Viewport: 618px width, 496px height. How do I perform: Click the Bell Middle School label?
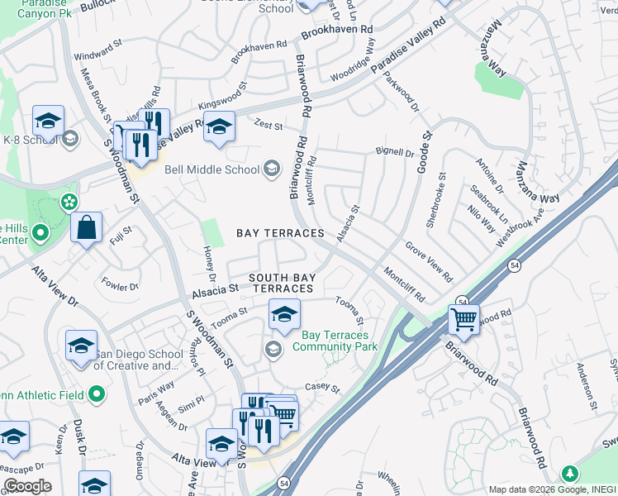tap(212, 170)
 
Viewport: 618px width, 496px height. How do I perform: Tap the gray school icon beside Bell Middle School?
tap(271, 170)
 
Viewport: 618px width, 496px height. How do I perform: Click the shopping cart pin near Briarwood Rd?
tap(464, 319)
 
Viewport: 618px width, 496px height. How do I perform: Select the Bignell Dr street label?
tap(394, 152)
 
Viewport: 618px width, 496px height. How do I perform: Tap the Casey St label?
tap(322, 386)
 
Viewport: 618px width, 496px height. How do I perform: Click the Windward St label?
tap(97, 57)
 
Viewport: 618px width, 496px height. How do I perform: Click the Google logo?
tap(27, 486)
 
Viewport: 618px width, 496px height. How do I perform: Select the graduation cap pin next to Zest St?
tap(219, 127)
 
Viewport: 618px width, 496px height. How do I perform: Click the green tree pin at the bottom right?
tap(569, 475)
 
